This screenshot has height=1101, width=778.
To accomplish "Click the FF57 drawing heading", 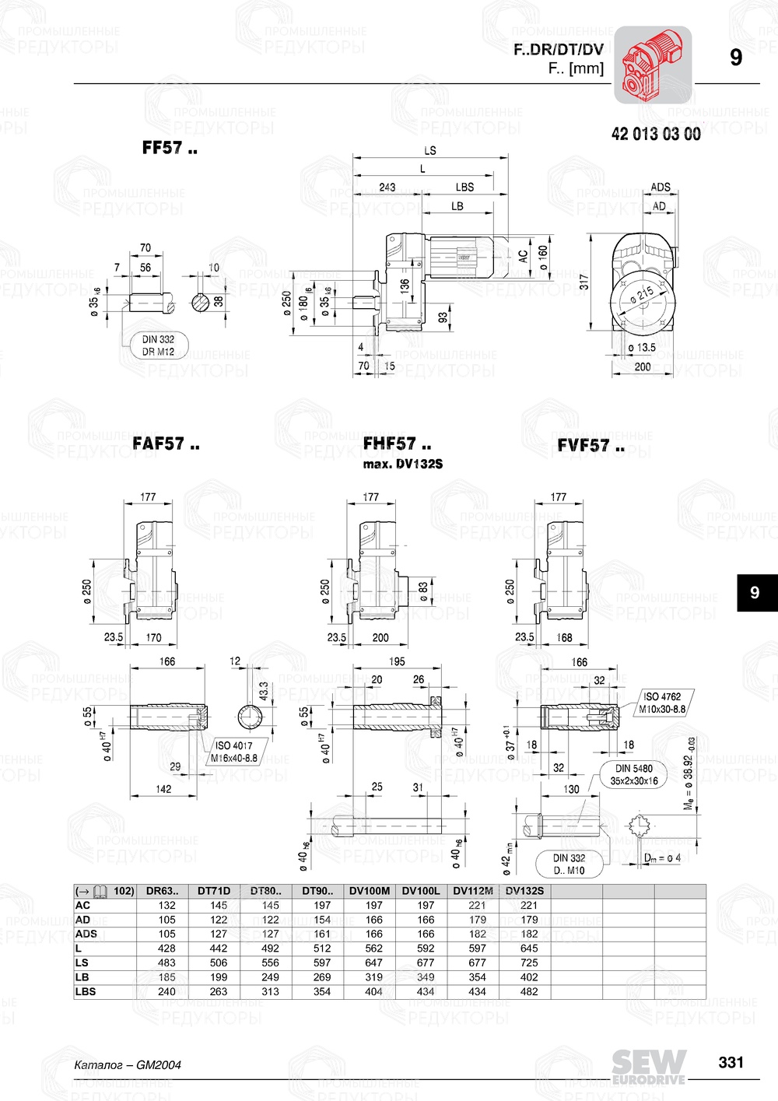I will [170, 148].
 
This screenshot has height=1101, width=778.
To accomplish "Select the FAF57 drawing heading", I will [166, 444].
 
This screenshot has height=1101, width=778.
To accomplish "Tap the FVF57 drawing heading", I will [591, 446].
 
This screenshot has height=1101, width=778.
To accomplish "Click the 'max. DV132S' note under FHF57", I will [402, 464].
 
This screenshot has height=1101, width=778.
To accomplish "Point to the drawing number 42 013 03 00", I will [656, 134].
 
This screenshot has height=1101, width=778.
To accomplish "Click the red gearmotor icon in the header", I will [653, 65].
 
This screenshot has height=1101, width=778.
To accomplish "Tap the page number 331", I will [731, 1062].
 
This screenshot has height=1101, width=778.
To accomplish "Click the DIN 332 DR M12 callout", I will [158, 345].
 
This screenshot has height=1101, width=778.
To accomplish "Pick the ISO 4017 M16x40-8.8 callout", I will [233, 752].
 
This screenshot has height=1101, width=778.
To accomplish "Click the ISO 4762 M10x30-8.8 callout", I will [662, 703].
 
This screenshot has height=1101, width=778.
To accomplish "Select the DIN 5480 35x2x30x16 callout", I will [633, 774].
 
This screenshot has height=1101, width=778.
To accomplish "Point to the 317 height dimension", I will [584, 281].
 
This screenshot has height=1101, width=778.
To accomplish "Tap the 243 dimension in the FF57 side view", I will [387, 187].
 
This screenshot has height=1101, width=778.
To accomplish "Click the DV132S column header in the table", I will [524, 891].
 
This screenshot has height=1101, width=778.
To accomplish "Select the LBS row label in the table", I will [86, 991].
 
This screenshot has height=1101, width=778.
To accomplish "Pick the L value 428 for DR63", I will [166, 948].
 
